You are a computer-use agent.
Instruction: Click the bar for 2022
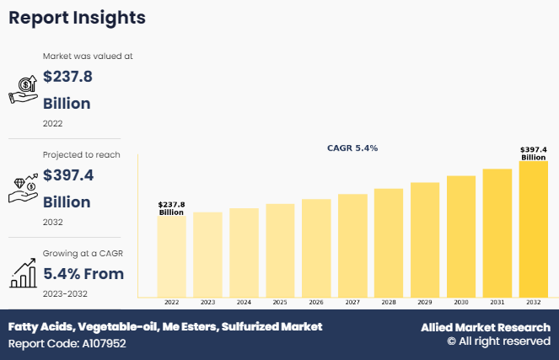pos(172,256)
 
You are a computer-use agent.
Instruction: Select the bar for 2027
pos(352,245)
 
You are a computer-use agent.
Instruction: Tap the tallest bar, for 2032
pos(533,228)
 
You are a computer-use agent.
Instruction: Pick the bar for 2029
pos(425,239)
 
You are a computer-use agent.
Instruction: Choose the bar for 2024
pos(244,252)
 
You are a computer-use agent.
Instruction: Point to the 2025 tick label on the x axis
pos(280,302)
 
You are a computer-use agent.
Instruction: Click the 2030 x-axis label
pos(460,302)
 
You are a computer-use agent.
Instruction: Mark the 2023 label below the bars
pos(207,302)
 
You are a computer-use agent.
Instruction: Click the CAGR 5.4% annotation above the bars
pos(352,148)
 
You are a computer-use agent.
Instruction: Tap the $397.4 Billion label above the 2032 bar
pos(533,153)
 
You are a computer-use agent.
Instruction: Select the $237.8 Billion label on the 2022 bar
pos(172,208)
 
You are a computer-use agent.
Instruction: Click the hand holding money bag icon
pos(23,89)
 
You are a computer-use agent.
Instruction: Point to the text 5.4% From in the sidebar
pos(83,273)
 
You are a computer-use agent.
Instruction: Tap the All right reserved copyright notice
pos(498,341)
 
